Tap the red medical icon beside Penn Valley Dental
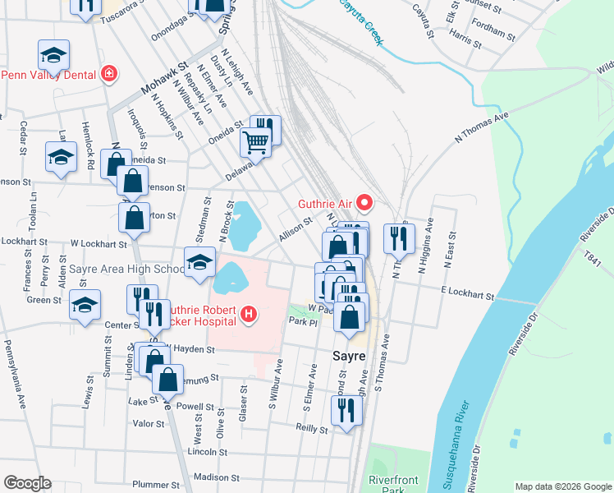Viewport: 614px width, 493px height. pyautogui.click(x=108, y=74)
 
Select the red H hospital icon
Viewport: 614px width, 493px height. pyautogui.click(x=249, y=314)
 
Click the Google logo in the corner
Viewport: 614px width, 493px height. pyautogui.click(x=26, y=483)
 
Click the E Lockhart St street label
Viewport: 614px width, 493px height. pyautogui.click(x=467, y=294)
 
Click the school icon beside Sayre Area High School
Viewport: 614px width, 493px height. pyautogui.click(x=199, y=262)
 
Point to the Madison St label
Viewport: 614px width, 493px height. pyautogui.click(x=217, y=477)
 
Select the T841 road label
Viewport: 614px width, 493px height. pyautogui.click(x=593, y=257)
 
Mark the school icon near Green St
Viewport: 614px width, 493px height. pyautogui.click(x=85, y=304)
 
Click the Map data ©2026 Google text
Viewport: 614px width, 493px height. pyautogui.click(x=562, y=486)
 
